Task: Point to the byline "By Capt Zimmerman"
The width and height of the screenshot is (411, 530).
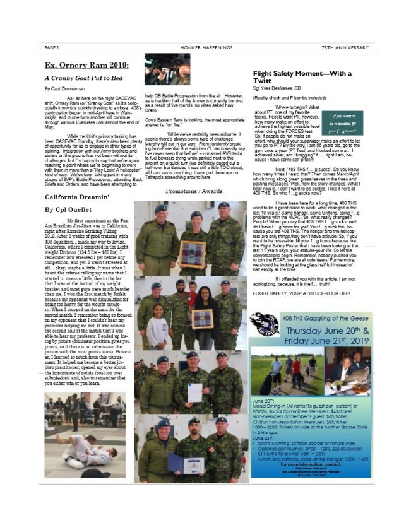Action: tap(66, 89)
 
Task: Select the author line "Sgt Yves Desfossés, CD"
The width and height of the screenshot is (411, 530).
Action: tap(282, 89)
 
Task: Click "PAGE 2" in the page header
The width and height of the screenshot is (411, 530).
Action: tap(52, 47)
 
